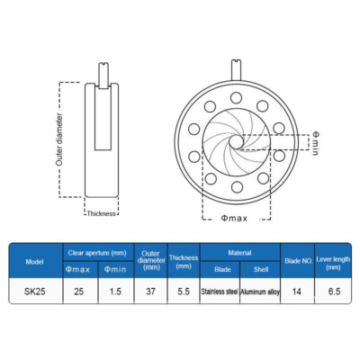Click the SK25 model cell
click(35, 292)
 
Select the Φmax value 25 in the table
click(78, 292)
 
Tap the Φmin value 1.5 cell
click(115, 292)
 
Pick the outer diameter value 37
click(150, 292)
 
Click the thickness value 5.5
click(184, 292)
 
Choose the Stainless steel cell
click(220, 292)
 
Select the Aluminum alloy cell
click(260, 292)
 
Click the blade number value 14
click(297, 292)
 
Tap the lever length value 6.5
click(334, 292)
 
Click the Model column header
click(35, 262)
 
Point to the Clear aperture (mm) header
click(97, 253)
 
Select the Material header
click(239, 253)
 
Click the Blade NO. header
click(298, 261)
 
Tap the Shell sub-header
click(261, 269)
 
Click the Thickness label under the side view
click(102, 213)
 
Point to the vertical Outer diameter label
click(59, 139)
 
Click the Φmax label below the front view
click(234, 218)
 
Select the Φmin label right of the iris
click(315, 143)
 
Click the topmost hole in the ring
click(236, 97)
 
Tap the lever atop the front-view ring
click(236, 70)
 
